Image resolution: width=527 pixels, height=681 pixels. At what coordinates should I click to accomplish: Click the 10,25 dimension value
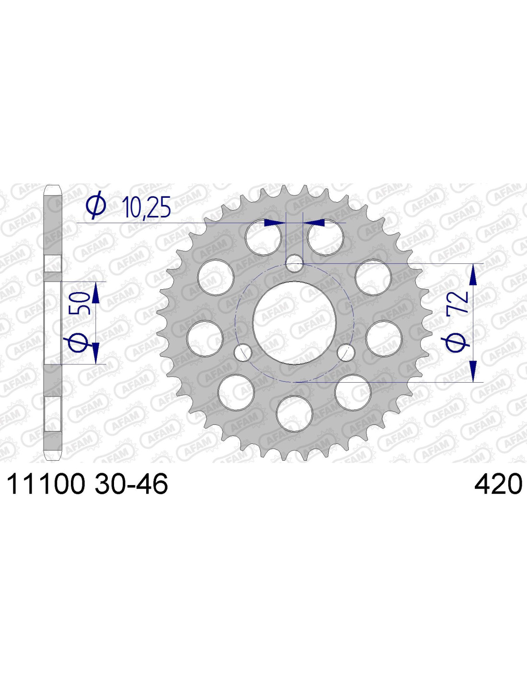(147, 207)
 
